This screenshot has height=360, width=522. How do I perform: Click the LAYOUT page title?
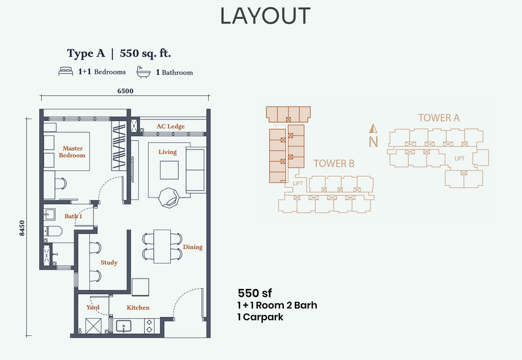pos(265,15)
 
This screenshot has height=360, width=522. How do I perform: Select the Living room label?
pos(168,152)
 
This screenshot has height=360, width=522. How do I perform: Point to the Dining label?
pos(192,247)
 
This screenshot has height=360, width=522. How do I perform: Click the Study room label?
pos(109,263)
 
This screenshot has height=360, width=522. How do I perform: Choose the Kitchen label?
pos(138,307)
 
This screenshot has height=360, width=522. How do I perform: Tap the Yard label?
pos(93,307)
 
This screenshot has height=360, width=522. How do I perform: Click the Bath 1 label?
pos(73,216)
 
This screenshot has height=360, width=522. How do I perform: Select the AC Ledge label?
pos(170,126)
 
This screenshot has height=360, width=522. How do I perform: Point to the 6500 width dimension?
pos(125,91)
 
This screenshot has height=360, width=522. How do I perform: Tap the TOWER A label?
pos(439,118)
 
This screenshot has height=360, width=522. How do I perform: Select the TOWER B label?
pos(333,164)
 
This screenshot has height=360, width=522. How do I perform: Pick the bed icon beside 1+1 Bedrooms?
pos(65,72)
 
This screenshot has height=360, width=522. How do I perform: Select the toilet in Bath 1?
pos(54,230)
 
